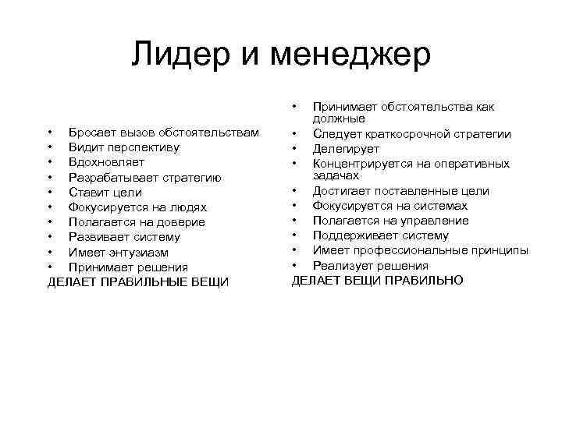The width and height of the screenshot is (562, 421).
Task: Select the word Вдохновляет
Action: pos(105,162)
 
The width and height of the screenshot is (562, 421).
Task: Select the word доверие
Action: pos(180,222)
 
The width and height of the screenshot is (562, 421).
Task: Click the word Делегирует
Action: pos(346,149)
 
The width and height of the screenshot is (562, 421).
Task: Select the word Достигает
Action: pos(343,191)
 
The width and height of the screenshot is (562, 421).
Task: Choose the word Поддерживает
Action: pos(352,235)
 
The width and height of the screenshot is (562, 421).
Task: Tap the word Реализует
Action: pos(340,266)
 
